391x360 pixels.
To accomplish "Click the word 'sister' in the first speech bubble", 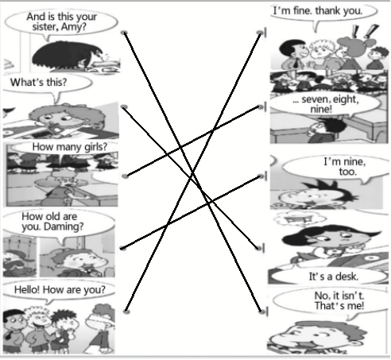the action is pyautogui.click(x=44, y=27).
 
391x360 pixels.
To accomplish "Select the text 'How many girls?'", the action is pyautogui.click(x=70, y=147).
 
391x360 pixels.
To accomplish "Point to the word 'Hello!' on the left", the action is pyautogui.click(x=27, y=289).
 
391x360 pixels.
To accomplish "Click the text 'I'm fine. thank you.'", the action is pyautogui.click(x=318, y=11).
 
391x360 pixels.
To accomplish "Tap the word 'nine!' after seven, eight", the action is pyautogui.click(x=321, y=109).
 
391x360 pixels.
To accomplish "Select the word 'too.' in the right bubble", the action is pyautogui.click(x=348, y=172).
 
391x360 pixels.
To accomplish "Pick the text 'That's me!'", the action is pyautogui.click(x=339, y=306).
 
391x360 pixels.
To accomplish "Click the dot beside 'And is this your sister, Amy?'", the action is pyautogui.click(x=124, y=33).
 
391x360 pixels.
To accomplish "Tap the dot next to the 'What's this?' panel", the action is pyautogui.click(x=124, y=106).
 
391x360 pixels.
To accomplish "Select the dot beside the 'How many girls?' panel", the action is pyautogui.click(x=126, y=176).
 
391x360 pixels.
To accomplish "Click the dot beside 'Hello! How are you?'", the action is pyautogui.click(x=126, y=311).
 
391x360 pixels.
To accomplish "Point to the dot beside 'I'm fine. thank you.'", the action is pyautogui.click(x=260, y=33).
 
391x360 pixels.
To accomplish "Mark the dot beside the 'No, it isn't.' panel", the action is pyautogui.click(x=261, y=312).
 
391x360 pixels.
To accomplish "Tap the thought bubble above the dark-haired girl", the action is pyautogui.click(x=300, y=219).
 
